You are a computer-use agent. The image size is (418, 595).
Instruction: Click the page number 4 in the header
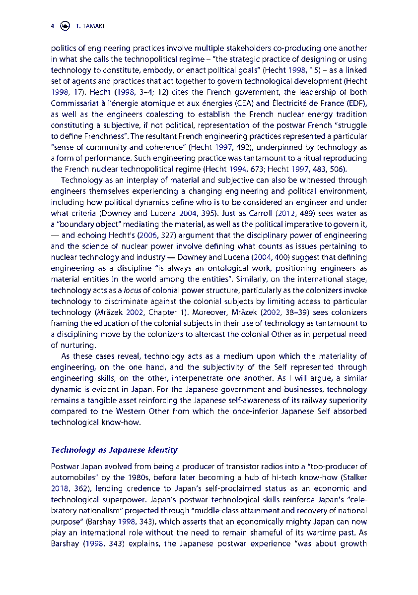click(52, 26)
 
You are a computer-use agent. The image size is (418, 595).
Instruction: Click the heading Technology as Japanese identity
click(114, 450)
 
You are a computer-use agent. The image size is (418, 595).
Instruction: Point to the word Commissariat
click(75, 103)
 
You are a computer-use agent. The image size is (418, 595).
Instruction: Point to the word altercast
click(223, 334)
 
